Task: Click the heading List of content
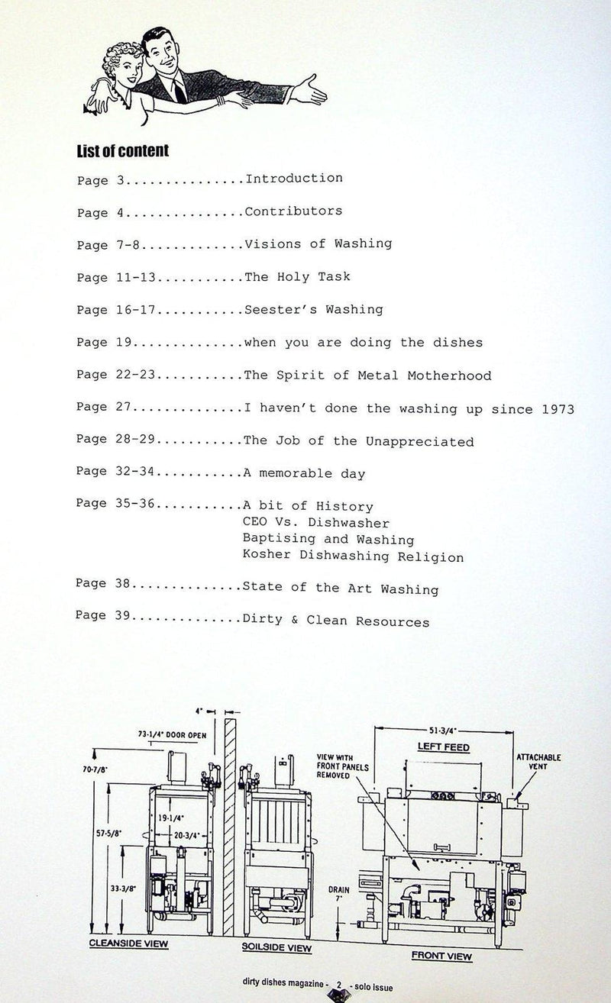[123, 150]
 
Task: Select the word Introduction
[293, 179]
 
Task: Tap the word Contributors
[293, 211]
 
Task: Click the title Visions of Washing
[318, 243]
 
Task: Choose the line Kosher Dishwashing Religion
[353, 557]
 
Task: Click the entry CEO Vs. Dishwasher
[316, 524]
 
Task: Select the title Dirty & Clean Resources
[336, 621]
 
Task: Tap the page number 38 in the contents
[120, 585]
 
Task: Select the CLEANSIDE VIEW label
[129, 943]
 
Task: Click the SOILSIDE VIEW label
[276, 948]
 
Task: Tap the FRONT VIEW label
[441, 956]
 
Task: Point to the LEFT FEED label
[443, 747]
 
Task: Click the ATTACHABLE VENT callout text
[538, 763]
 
